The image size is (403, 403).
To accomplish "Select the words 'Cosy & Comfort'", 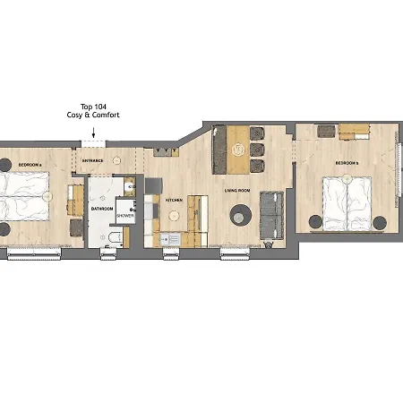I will [x=93, y=116].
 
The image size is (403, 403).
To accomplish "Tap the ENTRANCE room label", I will [x=93, y=160].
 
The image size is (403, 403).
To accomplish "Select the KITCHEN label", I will [x=175, y=201].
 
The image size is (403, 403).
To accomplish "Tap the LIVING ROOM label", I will [x=236, y=190].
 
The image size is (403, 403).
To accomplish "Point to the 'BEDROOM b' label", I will [x=347, y=163].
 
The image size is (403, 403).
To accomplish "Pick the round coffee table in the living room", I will [x=240, y=214].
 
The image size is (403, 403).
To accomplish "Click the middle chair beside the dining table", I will [x=258, y=150].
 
